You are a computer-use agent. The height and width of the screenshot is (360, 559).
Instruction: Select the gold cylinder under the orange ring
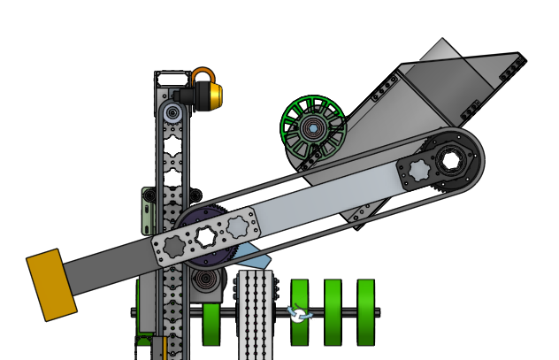coord(211,95)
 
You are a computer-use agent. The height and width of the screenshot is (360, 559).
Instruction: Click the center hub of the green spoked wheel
coord(312,128)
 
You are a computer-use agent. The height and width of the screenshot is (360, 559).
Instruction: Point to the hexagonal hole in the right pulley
coord(450,161)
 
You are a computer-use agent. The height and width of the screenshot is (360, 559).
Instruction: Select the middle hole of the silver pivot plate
coord(207,235)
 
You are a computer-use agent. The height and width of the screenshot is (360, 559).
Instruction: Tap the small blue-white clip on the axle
coord(299,313)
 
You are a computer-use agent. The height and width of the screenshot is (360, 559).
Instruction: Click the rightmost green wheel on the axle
coord(366,312)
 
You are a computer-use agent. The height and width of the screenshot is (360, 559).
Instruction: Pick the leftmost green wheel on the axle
coord(212,324)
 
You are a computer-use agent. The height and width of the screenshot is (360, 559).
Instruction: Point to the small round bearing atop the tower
coord(172,113)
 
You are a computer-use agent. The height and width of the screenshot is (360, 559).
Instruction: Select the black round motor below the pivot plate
coord(207,282)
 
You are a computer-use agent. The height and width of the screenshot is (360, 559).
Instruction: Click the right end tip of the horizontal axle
coord(379,311)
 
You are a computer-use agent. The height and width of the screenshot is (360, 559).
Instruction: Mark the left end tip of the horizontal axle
coord(134,311)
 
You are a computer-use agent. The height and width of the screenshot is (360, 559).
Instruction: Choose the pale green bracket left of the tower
coord(148,209)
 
